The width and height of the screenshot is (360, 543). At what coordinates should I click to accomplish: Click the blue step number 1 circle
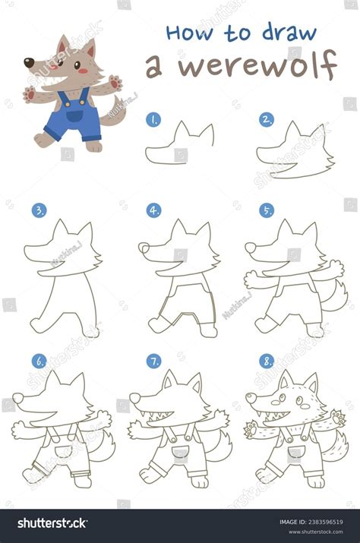pyautogui.click(x=154, y=119)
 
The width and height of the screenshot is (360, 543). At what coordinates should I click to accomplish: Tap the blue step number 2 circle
pyautogui.click(x=267, y=119)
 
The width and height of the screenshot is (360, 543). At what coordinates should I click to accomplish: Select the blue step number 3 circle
pyautogui.click(x=39, y=210)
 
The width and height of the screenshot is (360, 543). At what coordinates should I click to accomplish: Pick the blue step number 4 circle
pyautogui.click(x=154, y=210)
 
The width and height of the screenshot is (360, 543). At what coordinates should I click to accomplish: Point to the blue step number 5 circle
pyautogui.click(x=267, y=210)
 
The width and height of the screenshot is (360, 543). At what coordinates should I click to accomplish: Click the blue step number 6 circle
pyautogui.click(x=39, y=361)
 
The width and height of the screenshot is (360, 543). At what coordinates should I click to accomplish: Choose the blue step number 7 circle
pyautogui.click(x=154, y=361)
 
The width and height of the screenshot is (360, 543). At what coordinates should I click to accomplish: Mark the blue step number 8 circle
pyautogui.click(x=267, y=361)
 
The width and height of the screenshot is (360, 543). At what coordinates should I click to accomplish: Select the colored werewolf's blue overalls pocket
pyautogui.click(x=74, y=115)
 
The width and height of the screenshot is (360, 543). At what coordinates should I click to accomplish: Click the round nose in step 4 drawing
pyautogui.click(x=144, y=248)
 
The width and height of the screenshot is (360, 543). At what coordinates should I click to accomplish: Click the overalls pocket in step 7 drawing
pyautogui.click(x=179, y=454)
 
